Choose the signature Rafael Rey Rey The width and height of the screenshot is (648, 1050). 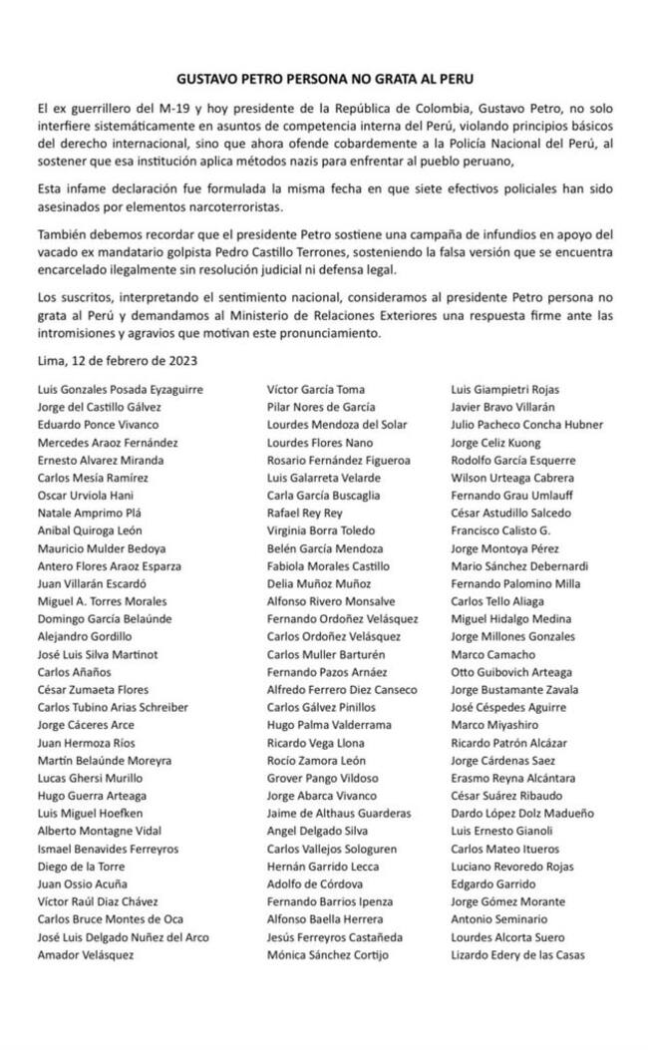304,514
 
